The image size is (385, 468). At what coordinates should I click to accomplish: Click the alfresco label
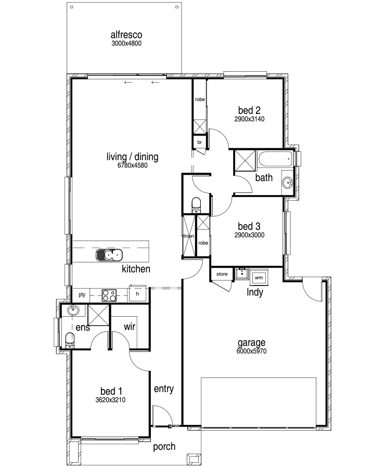pyautogui.click(x=126, y=35)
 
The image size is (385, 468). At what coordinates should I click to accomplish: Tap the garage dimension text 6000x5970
pyautogui.click(x=251, y=352)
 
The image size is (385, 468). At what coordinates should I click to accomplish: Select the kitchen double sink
pyautogui.click(x=109, y=255)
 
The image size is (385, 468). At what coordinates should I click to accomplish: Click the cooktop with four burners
pyautogui.click(x=109, y=295)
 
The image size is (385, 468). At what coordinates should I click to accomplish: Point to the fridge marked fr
pyautogui.click(x=137, y=294)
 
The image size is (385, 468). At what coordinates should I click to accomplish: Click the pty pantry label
pyautogui.click(x=82, y=295)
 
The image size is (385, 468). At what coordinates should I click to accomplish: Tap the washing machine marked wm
pyautogui.click(x=259, y=278)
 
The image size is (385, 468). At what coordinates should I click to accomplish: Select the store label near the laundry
pyautogui.click(x=222, y=274)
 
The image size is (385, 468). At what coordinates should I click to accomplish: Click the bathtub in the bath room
pyautogui.click(x=275, y=160)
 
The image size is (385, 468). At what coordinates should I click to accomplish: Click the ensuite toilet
pyautogui.click(x=70, y=340)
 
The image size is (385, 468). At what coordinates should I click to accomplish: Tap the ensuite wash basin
pyautogui.click(x=73, y=311)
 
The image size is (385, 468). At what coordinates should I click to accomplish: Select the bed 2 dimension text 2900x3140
pyautogui.click(x=249, y=119)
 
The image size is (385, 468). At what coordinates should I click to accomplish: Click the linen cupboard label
pyautogui.click(x=189, y=236)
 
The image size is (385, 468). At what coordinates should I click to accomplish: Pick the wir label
pyautogui.click(x=130, y=327)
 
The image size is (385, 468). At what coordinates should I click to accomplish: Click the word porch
pyautogui.click(x=164, y=447)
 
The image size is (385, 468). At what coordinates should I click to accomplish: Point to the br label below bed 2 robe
pyautogui.click(x=199, y=142)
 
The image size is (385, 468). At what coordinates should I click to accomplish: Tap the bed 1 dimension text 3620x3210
pyautogui.click(x=110, y=400)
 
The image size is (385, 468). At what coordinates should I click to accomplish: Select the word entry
pyautogui.click(x=164, y=389)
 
